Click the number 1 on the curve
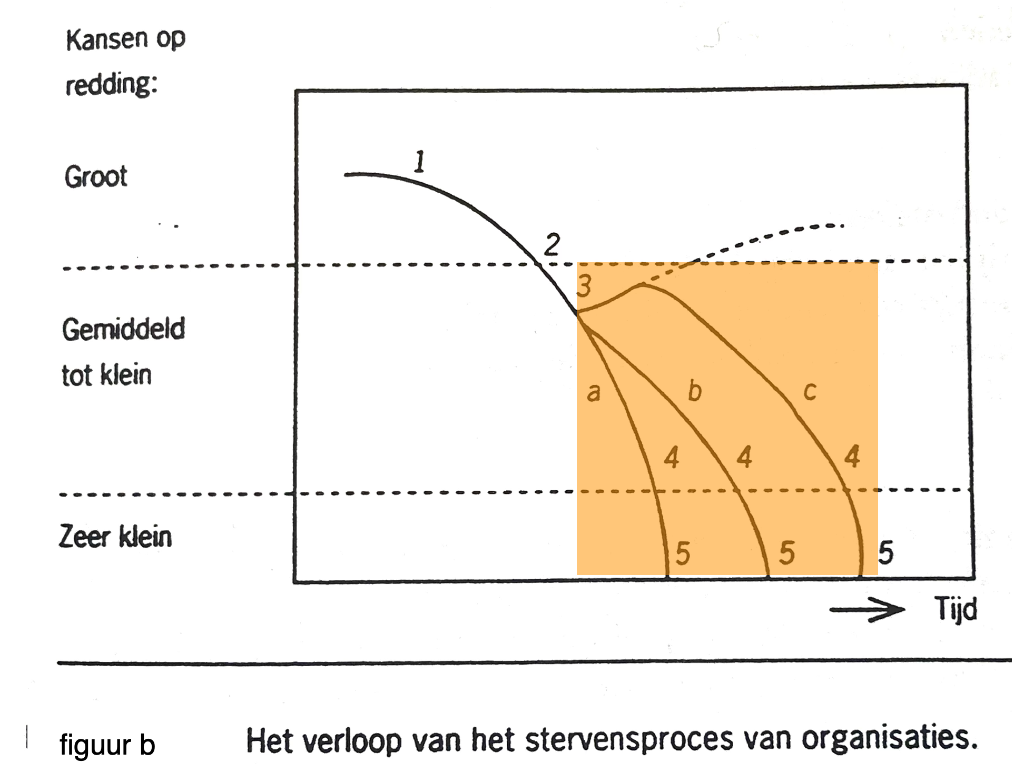pos(419,162)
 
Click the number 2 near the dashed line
pos(552,245)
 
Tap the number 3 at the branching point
pos(584,286)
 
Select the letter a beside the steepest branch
pos(594,393)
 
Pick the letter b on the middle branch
pos(695,391)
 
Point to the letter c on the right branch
pos(810,392)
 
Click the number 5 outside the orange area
pos(885,553)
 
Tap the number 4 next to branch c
pos(852,457)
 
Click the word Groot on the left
pos(96,176)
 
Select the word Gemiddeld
pos(124,329)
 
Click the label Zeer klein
pos(115,537)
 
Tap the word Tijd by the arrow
pos(956,609)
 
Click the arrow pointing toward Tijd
pos(867,610)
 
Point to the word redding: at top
pos(111,84)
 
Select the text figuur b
pos(107,745)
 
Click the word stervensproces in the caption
pos(629,740)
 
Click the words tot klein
pos(106,375)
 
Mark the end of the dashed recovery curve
pos(843,226)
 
